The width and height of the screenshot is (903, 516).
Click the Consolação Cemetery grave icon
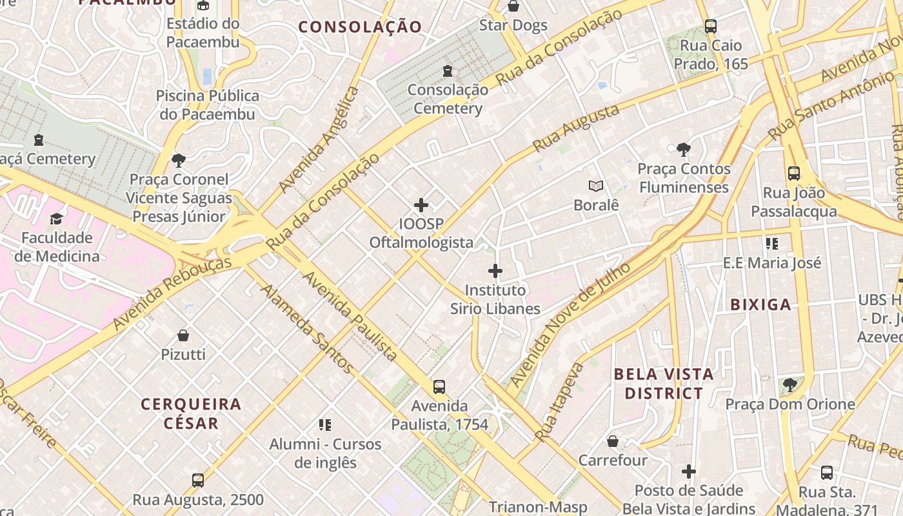point(448,71)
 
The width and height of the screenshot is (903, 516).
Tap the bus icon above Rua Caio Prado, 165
point(710,26)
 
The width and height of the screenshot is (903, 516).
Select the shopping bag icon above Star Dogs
point(513,6)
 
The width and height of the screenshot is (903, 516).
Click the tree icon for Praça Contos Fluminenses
point(684,150)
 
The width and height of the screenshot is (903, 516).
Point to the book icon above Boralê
point(596,186)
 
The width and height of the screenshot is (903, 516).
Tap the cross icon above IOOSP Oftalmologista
point(421,205)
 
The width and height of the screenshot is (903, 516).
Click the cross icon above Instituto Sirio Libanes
point(495,271)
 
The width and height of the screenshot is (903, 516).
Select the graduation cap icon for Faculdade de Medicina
point(57,219)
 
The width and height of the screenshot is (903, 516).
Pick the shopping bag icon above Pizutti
point(183,335)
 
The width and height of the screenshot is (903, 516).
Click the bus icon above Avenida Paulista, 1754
point(439,387)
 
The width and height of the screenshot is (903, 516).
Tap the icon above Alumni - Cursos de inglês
point(325,425)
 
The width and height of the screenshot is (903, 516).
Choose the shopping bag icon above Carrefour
point(613,441)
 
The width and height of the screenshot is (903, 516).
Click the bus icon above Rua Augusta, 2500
point(198,481)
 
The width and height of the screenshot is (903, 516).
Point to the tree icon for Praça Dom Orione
point(789,385)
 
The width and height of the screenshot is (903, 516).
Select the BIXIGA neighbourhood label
point(760,305)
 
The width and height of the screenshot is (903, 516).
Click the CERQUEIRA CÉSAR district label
point(191,413)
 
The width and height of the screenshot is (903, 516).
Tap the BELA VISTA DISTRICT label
point(664,383)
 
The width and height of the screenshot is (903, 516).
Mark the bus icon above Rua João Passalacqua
point(793,174)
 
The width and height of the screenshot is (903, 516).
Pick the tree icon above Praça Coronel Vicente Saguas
point(179,160)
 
